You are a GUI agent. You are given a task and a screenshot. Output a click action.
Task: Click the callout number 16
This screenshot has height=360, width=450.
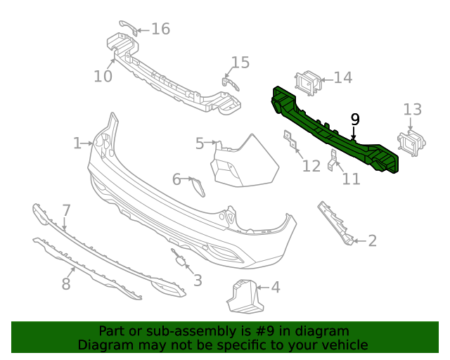[161, 29]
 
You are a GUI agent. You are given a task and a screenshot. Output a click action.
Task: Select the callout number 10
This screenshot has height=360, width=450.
[103, 75]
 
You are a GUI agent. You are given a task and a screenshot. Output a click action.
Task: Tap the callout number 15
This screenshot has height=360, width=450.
[240, 63]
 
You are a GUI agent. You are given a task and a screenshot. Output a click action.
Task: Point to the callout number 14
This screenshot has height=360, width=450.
[342, 77]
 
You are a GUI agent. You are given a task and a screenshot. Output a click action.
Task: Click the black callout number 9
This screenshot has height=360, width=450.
[355, 119]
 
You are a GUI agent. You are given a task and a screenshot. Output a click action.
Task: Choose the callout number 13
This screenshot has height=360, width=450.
[413, 109]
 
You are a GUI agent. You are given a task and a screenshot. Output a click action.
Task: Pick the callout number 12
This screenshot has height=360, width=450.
[311, 165]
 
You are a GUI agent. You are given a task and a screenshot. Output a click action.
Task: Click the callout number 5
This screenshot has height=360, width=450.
[200, 143]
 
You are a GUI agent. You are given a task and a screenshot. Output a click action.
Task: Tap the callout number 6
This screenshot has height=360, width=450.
[176, 179]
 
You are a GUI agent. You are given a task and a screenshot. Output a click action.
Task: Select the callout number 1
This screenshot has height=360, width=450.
[77, 143]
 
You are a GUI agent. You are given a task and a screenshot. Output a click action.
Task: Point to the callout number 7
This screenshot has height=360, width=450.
[66, 210]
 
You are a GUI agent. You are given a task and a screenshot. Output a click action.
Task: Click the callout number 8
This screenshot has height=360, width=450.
[66, 283]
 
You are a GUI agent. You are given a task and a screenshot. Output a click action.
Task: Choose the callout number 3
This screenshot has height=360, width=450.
[198, 280]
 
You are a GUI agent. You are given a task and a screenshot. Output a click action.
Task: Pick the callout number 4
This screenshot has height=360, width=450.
[275, 287]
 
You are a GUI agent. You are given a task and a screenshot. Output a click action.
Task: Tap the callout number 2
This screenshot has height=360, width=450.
[372, 241]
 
